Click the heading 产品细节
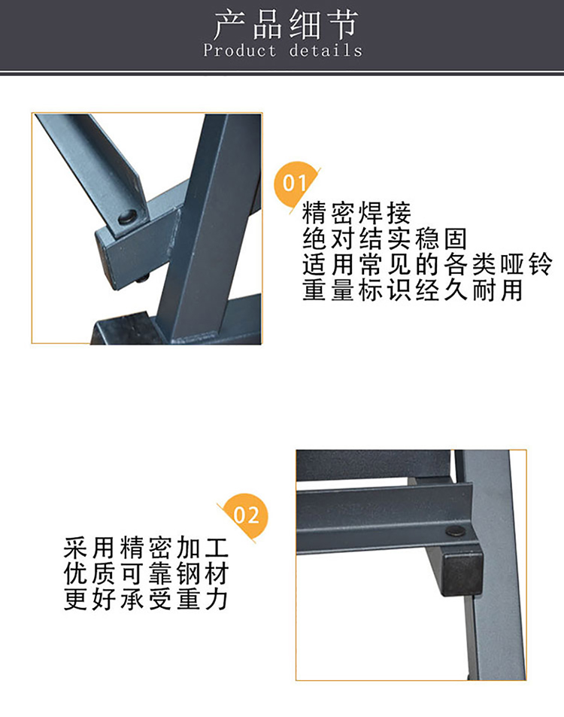coord(286,25)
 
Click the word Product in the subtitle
coord(240,50)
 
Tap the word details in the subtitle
coord(326,50)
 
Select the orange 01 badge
coord(296,184)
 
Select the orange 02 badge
coord(245,515)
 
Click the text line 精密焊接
coord(356,213)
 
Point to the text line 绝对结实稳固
coord(384,238)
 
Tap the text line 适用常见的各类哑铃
coord(427,264)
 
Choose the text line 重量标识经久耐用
coord(412,290)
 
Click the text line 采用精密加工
coord(146,548)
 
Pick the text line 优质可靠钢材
coord(146,574)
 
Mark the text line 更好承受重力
coord(146,600)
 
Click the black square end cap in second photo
coord(462,573)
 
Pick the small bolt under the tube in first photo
coord(144,278)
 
